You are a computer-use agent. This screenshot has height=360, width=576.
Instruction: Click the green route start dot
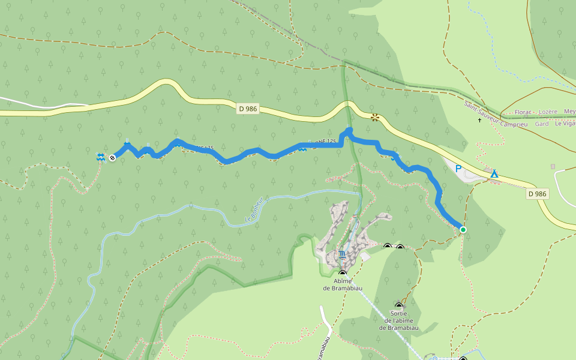click(463, 229)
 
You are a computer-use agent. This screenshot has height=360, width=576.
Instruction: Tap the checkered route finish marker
click(112, 157)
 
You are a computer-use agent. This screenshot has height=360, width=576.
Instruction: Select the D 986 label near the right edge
click(538, 194)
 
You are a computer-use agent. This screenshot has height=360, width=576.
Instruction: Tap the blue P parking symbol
click(459, 169)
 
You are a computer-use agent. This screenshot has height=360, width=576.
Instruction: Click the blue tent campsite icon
click(494, 174)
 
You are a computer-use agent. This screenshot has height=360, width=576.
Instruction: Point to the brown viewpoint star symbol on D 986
click(376, 118)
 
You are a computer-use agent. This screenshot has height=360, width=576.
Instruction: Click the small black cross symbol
click(479, 121)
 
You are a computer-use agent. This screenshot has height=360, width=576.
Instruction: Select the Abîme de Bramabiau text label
click(343, 284)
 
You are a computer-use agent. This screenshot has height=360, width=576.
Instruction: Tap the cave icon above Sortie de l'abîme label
click(399, 306)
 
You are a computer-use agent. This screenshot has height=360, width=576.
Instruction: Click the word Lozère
click(549, 112)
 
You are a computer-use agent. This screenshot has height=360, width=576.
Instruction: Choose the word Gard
click(541, 124)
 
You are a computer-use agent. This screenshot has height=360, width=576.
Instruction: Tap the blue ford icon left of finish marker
click(101, 157)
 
